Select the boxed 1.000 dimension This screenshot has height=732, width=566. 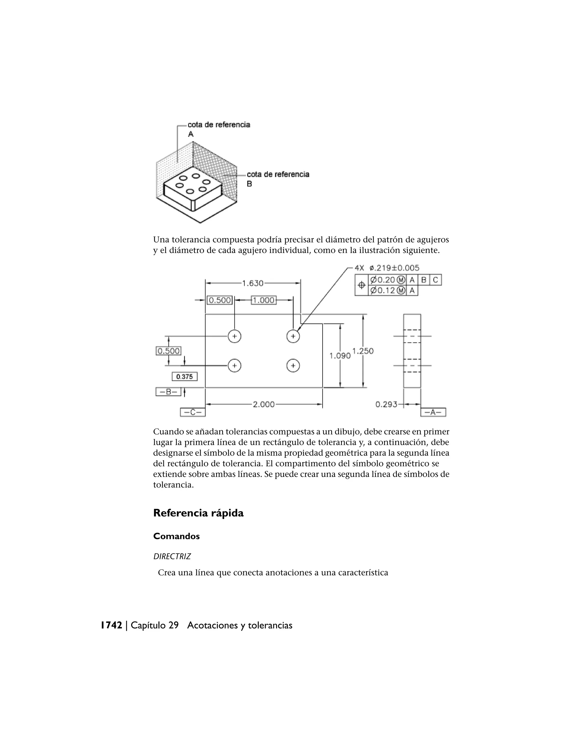click(x=264, y=300)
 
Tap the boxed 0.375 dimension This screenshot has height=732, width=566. click(x=184, y=377)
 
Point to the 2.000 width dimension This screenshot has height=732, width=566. click(x=264, y=405)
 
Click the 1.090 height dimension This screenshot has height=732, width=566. click(x=340, y=356)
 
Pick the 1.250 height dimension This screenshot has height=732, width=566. click(x=363, y=351)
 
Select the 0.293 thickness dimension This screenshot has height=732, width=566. click(x=386, y=405)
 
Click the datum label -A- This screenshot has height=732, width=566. click(x=433, y=412)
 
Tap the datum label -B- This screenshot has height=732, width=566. click(x=168, y=392)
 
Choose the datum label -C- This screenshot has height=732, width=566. click(x=193, y=412)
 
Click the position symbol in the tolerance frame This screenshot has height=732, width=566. click(x=361, y=285)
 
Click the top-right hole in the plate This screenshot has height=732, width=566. click(x=293, y=336)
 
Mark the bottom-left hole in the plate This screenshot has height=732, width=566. click(x=234, y=366)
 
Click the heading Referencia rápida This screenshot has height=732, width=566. click(x=198, y=513)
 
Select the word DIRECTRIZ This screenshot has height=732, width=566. click(x=172, y=557)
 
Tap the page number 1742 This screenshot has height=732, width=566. click(x=112, y=625)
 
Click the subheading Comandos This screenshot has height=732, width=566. click(x=176, y=536)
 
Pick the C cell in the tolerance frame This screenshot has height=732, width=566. click(x=436, y=280)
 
